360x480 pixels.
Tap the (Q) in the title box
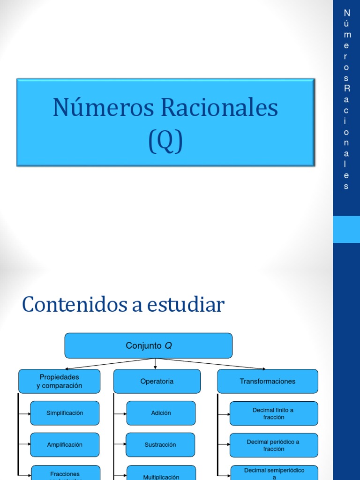(x=165, y=140)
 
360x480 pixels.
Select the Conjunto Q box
(x=148, y=346)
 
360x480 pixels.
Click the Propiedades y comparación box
(x=59, y=381)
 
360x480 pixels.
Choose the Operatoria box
(x=157, y=381)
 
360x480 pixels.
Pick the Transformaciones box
(x=268, y=381)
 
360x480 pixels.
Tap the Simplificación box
(x=65, y=413)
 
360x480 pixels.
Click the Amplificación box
(x=65, y=444)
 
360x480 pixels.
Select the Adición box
(x=161, y=413)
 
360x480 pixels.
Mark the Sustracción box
(x=161, y=444)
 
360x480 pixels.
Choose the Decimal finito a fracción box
(x=273, y=413)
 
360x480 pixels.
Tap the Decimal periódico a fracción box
(x=273, y=445)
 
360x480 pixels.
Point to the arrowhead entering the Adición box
(x=124, y=413)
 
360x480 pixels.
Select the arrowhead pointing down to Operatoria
(x=155, y=367)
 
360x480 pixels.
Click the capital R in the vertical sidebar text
(x=346, y=88)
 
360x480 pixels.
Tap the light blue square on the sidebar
(x=346, y=229)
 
